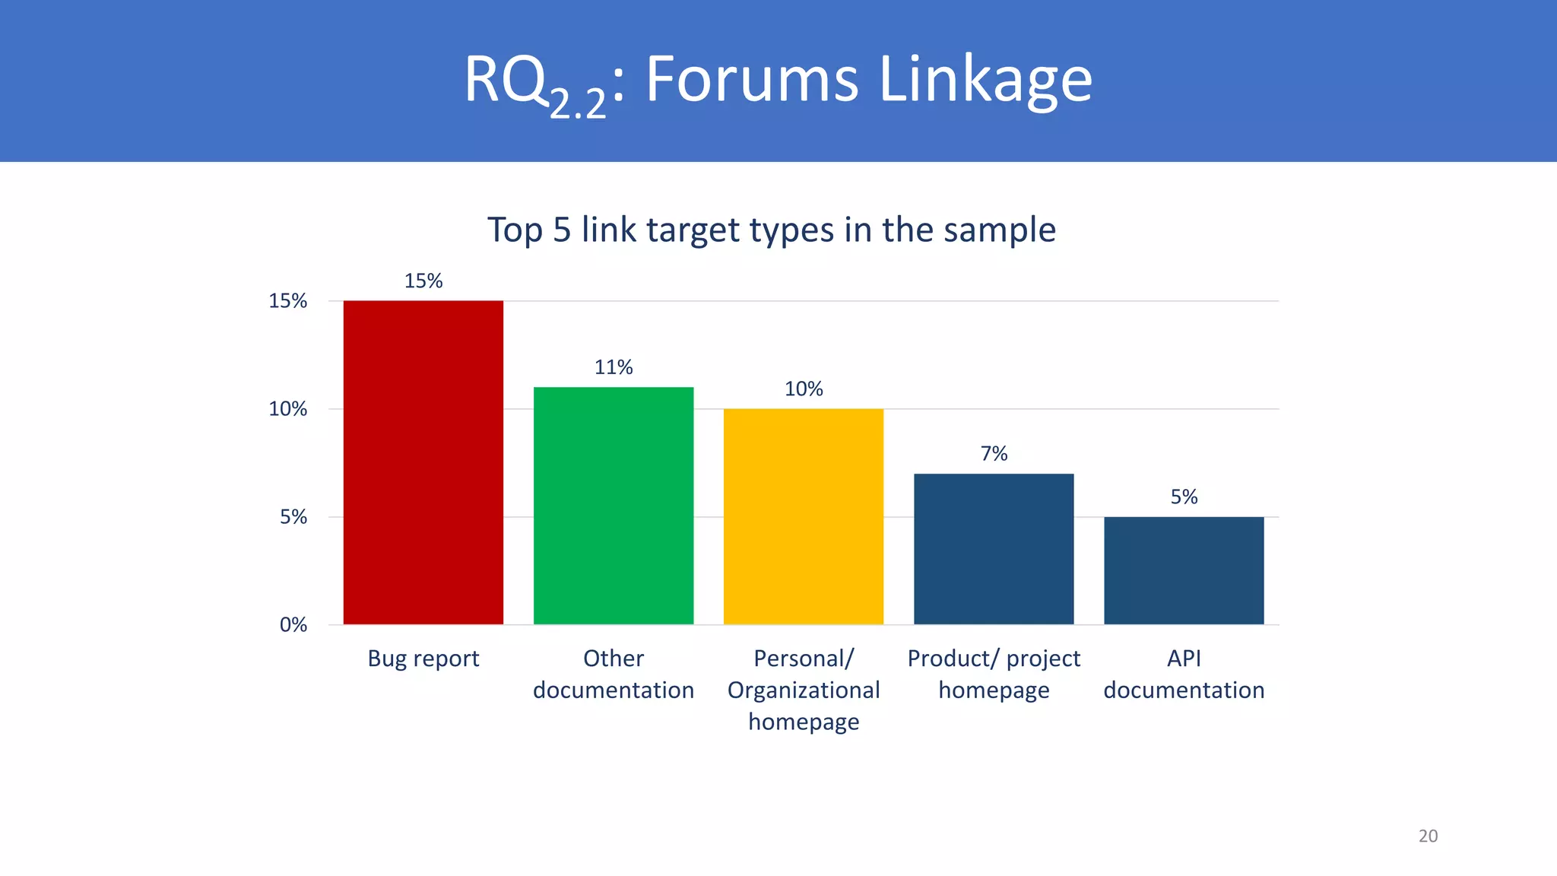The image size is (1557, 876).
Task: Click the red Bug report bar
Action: tap(423, 462)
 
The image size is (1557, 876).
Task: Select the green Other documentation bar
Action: tap(614, 506)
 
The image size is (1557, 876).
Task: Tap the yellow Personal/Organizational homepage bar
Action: tap(804, 516)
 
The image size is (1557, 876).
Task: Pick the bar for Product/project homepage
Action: tap(994, 549)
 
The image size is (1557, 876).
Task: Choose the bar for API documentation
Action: tap(1184, 570)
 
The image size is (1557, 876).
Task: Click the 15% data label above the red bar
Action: tap(423, 281)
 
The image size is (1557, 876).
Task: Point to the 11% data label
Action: tap(614, 367)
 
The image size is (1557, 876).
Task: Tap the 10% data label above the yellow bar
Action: tap(804, 389)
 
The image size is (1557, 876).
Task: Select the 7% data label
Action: tap(994, 454)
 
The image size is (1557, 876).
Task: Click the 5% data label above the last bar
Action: tap(1184, 497)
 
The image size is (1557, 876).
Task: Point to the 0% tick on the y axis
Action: tap(293, 625)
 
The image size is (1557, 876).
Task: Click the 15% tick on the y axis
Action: tap(288, 301)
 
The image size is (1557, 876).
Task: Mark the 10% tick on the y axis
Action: tap(288, 409)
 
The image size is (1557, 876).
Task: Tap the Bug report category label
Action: tap(423, 659)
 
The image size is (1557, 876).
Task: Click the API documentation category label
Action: tap(1184, 674)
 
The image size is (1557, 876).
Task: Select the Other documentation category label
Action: tap(614, 674)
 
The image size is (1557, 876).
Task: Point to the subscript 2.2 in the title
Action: tap(578, 103)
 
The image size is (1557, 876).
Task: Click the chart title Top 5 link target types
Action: tap(771, 230)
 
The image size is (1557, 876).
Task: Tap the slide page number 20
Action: tap(1428, 836)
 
